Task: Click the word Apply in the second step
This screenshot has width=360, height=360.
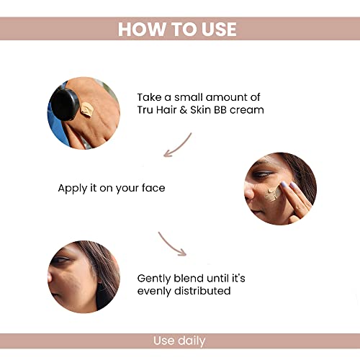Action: coord(73,188)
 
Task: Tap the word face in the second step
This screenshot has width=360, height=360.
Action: coord(153,188)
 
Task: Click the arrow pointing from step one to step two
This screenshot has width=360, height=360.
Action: coord(178,144)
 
